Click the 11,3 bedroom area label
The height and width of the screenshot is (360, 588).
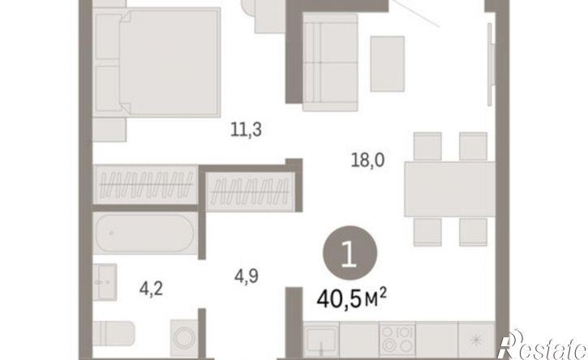click(x=246, y=131)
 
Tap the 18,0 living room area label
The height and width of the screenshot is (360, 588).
click(x=367, y=161)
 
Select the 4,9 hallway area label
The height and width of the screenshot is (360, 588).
click(x=247, y=276)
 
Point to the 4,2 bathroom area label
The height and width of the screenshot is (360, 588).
click(x=151, y=289)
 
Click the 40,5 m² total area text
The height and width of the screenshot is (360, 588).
click(x=351, y=298)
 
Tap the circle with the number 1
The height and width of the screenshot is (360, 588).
click(x=350, y=253)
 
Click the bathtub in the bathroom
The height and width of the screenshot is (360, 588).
click(x=145, y=234)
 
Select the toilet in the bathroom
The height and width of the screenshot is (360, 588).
click(x=114, y=334)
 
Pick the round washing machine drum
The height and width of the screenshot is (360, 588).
click(x=184, y=337)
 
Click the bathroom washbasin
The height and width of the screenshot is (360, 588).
click(x=105, y=282)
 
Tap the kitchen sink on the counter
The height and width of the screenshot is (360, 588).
click(x=321, y=339)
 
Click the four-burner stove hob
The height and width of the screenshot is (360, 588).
click(x=397, y=340)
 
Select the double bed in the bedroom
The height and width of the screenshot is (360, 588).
click(x=157, y=62)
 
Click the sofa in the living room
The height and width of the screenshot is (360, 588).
click(x=330, y=62)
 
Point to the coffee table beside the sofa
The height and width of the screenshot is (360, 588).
click(x=388, y=64)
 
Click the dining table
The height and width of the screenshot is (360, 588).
click(x=449, y=189)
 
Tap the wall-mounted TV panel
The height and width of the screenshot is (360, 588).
click(x=490, y=65)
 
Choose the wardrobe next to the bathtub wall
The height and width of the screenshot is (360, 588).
click(x=145, y=185)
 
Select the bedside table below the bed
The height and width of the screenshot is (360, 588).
click(x=109, y=130)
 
